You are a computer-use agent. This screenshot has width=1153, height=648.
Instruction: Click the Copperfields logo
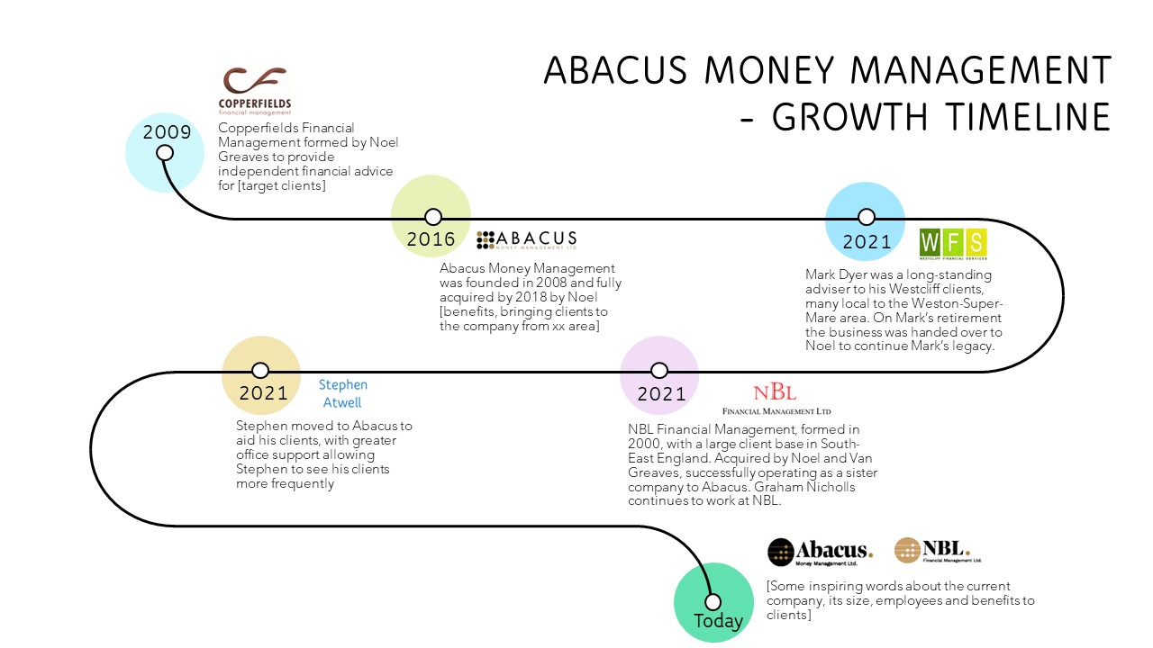point(255,90)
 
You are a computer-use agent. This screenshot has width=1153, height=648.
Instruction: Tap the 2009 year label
point(168,133)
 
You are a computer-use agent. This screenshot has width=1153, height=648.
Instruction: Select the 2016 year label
point(431,239)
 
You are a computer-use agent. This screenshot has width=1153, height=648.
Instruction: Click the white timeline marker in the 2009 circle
point(165,152)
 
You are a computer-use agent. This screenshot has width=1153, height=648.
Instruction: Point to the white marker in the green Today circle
point(713,602)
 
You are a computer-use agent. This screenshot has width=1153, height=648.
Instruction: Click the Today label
point(718,621)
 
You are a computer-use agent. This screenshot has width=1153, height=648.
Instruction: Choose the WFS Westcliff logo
point(953,244)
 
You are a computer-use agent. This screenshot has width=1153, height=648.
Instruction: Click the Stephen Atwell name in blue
point(343,394)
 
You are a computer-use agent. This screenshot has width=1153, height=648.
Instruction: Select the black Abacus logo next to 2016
point(527,239)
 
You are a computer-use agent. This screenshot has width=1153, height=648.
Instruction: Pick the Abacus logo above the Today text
point(821,552)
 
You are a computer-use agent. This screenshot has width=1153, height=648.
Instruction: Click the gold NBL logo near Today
point(938,551)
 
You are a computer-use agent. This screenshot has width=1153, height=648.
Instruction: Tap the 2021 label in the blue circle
point(867,241)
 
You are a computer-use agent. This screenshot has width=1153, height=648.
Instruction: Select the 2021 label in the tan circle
point(263,393)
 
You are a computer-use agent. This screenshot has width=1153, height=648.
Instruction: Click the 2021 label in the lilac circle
point(661,394)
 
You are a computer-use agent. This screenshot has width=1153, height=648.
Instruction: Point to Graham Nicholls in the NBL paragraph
point(809,487)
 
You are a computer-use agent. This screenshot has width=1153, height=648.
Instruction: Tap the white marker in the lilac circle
point(659,371)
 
